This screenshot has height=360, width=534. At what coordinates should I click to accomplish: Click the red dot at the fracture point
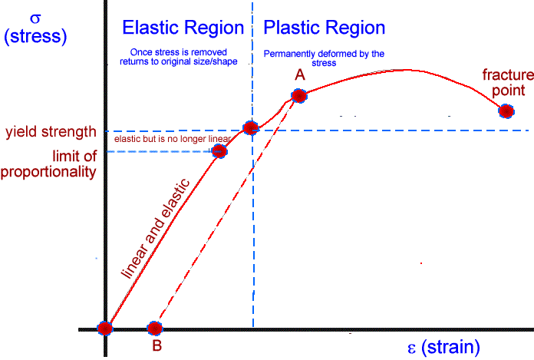click(506, 111)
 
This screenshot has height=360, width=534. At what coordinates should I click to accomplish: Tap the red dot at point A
click(298, 96)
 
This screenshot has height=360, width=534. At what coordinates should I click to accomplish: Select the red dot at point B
click(155, 329)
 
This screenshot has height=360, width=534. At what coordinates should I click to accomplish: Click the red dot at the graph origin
click(105, 329)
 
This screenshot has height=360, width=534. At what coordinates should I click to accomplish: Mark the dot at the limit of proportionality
click(219, 151)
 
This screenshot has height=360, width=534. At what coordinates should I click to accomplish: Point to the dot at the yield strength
click(250, 129)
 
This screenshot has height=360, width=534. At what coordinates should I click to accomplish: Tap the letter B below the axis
click(157, 346)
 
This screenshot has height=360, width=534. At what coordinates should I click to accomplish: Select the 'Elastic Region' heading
click(183, 28)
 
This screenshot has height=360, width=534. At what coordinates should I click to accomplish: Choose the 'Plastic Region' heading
click(324, 28)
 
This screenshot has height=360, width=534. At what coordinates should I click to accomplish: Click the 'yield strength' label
click(50, 131)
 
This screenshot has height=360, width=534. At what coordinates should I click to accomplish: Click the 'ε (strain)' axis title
click(443, 346)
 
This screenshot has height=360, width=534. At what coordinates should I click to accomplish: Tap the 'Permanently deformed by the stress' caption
click(324, 58)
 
